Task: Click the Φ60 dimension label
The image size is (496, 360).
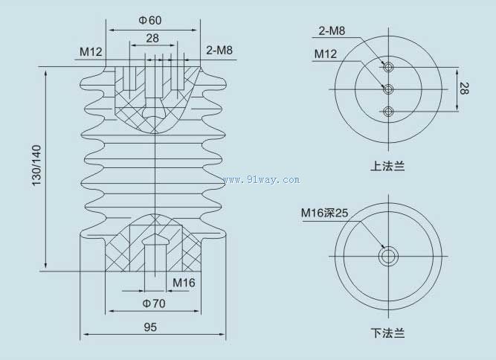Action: point(150,20)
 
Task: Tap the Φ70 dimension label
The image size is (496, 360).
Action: point(154,303)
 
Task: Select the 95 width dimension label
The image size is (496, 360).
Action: point(150,327)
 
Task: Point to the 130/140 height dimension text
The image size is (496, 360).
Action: point(36,165)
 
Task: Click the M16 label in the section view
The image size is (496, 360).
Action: point(184,283)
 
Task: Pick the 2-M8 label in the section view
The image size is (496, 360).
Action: point(219,50)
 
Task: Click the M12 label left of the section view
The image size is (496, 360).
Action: point(91,51)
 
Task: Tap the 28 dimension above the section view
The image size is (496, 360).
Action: point(152,38)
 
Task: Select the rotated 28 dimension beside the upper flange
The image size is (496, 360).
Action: point(464,89)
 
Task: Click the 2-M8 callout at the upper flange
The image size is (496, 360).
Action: point(332,30)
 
